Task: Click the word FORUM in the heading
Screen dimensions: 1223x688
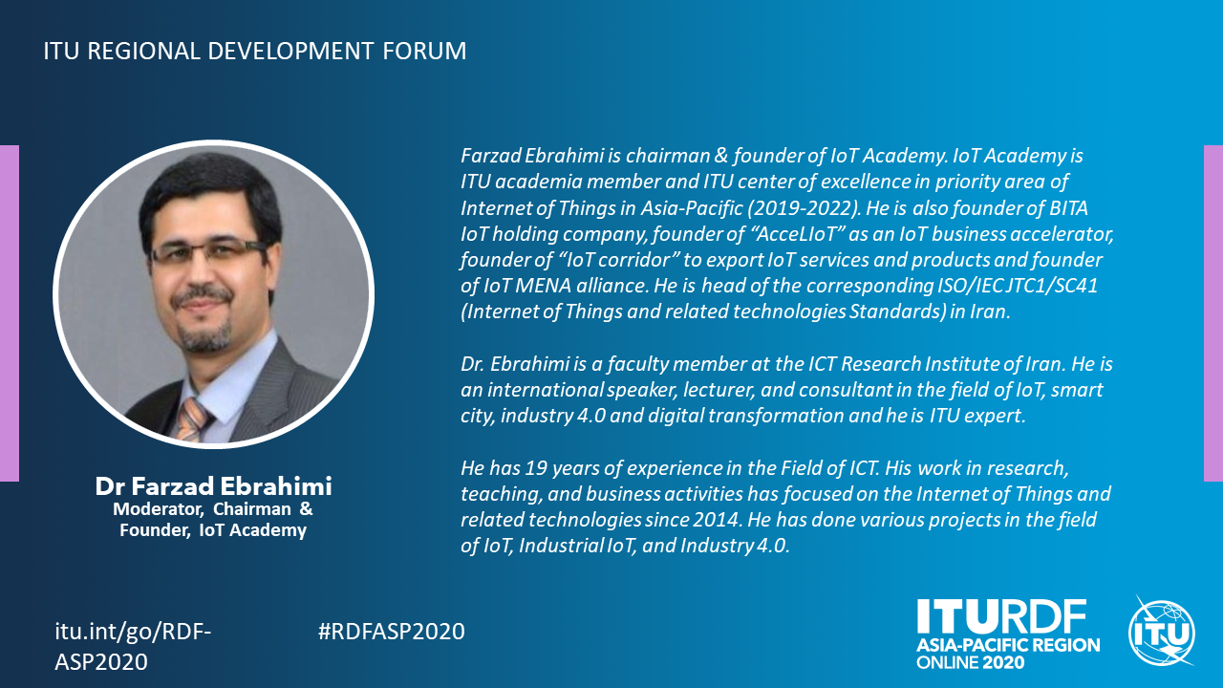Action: click(x=424, y=51)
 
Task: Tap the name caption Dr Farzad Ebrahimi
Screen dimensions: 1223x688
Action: click(x=213, y=486)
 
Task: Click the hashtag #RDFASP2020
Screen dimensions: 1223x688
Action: click(x=391, y=632)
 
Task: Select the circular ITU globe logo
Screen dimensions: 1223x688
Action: click(x=1162, y=632)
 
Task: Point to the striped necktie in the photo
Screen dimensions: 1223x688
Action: click(x=192, y=419)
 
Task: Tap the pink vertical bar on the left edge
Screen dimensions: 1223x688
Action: click(x=10, y=313)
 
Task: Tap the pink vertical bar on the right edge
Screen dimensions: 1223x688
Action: click(x=1213, y=313)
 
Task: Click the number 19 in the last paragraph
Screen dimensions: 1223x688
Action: click(x=534, y=468)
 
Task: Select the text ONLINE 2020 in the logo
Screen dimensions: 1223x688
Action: click(x=970, y=662)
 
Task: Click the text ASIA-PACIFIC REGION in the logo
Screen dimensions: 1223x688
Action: click(x=1008, y=645)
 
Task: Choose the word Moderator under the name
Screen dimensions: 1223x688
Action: click(x=158, y=509)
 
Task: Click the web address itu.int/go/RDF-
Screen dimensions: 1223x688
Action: click(x=133, y=632)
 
